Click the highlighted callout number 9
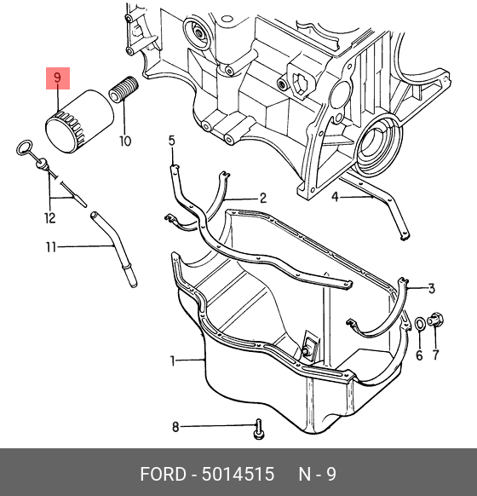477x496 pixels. click(x=57, y=78)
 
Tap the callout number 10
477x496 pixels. click(x=125, y=141)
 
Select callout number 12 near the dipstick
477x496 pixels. click(x=50, y=218)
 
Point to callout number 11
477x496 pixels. click(x=51, y=247)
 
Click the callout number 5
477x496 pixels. click(x=172, y=141)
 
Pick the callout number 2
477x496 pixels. click(x=263, y=199)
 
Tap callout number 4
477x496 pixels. click(x=336, y=197)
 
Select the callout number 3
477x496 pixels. click(x=432, y=288)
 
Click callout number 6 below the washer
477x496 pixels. click(x=419, y=355)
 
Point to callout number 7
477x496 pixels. click(x=436, y=355)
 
